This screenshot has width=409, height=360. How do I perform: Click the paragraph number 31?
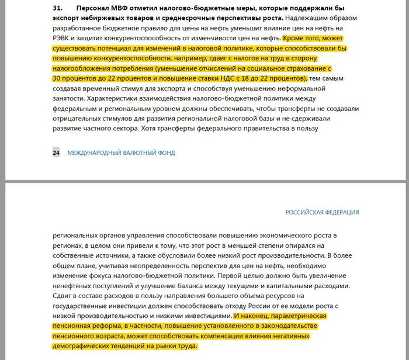coord(58,8)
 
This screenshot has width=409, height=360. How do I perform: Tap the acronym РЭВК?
coord(62,29)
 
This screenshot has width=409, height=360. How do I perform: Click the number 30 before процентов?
coord(57,78)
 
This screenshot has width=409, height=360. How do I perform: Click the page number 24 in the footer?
coord(56,153)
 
